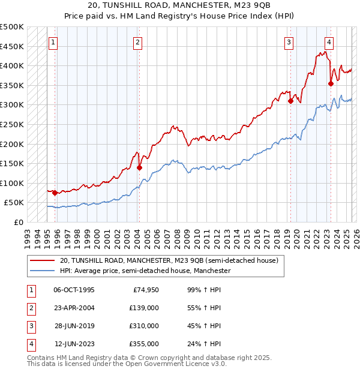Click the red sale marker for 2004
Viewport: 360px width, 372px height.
[139, 168]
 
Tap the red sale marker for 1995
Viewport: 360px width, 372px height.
[55, 193]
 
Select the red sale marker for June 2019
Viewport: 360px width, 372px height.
[290, 101]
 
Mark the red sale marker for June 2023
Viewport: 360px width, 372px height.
[331, 83]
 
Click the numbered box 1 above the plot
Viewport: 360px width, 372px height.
[54, 42]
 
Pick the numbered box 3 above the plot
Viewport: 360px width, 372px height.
[289, 42]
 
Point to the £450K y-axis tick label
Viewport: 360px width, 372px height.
[12, 46]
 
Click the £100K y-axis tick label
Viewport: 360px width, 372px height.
[12, 183]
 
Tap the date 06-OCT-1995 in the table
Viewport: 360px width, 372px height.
[74, 290]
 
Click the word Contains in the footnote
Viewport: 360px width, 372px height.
[43, 358]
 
